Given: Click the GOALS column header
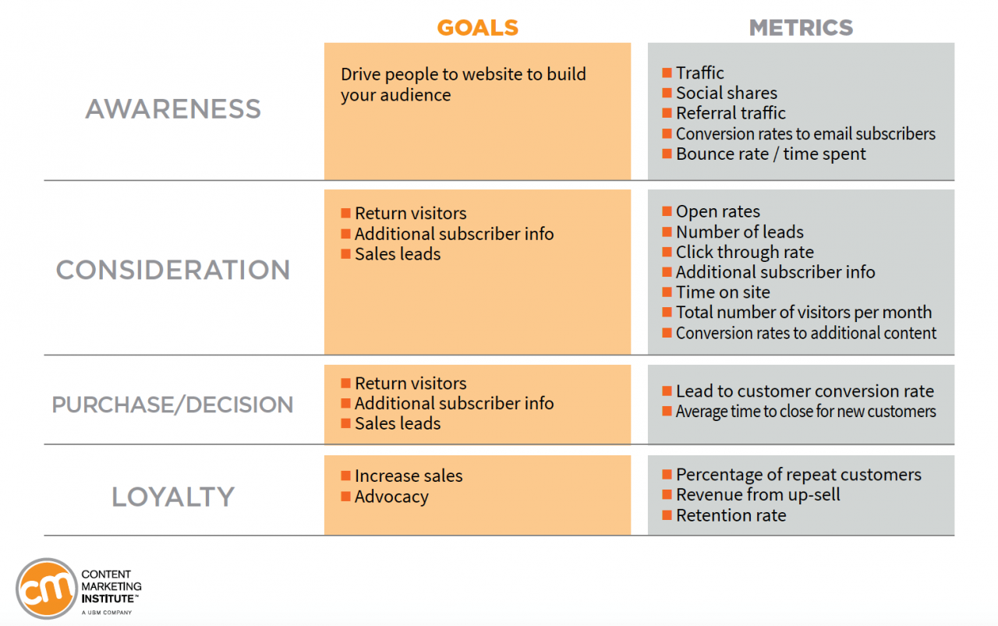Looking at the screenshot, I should point(477,28).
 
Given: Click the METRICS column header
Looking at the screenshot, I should point(801,28).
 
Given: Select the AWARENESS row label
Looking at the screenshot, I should point(173,109).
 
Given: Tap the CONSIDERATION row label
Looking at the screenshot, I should point(173,271).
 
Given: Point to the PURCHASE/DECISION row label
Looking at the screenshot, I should point(173,405).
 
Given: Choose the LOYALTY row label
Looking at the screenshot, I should point(173,497).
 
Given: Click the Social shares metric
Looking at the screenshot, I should point(727,93).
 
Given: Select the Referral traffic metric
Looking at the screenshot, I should point(731,113).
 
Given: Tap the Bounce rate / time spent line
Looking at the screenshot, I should point(770,154).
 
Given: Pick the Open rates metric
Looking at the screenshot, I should point(717,211).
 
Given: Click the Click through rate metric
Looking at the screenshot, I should point(745,252).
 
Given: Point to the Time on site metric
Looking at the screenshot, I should point(723,292).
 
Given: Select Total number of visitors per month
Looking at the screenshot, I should point(803,313).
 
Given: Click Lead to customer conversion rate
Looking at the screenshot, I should point(805,391).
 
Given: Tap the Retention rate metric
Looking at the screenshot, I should point(731,515).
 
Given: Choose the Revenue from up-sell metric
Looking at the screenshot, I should point(758,495).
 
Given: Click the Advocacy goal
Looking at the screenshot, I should point(391,497).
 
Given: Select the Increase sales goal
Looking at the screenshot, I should point(408,476).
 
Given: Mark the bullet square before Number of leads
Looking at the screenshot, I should point(667,232).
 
